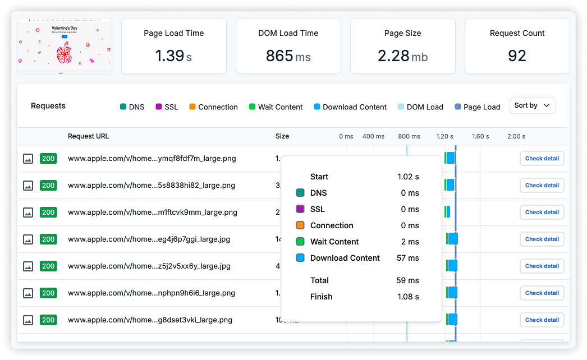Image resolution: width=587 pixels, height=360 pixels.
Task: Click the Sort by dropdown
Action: point(532,105)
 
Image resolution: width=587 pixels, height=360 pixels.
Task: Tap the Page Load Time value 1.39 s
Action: point(173,56)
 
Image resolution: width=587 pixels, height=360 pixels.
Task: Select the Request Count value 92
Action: point(517,56)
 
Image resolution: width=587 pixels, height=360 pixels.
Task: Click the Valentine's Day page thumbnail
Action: point(65,46)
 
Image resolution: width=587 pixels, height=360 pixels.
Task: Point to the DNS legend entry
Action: point(132,107)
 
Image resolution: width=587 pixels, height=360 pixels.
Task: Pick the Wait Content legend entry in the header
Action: point(276,107)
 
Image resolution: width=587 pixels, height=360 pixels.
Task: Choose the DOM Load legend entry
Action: point(420,107)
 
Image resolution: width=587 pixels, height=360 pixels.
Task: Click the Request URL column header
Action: point(89,136)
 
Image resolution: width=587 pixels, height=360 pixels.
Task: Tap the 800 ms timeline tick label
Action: point(409,136)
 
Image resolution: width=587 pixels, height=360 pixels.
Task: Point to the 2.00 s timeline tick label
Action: point(516,136)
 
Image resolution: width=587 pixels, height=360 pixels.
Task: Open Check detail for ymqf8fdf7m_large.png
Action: point(542,159)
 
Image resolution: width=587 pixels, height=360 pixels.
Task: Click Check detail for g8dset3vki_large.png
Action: point(542,320)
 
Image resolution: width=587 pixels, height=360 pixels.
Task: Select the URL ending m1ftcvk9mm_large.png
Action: point(153,213)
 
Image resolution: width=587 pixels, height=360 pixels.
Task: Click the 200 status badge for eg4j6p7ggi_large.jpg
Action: point(48,239)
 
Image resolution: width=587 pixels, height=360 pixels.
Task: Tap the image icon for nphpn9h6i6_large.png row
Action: point(28,293)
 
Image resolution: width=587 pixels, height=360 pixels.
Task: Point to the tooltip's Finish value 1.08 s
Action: point(408,297)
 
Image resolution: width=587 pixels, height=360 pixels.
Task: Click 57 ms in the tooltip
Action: point(408,258)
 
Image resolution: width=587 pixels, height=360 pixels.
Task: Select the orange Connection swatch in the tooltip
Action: point(300,225)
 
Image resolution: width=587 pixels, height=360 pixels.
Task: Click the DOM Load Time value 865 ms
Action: point(288,56)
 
